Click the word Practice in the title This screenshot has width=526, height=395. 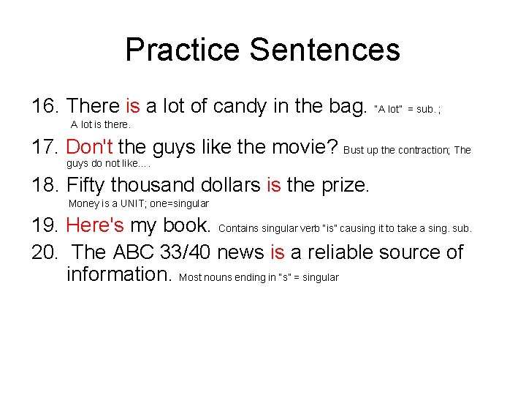tap(183, 50)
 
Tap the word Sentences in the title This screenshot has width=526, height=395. tap(324, 50)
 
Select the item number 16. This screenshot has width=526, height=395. tap(45, 106)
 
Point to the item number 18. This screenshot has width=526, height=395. tap(45, 185)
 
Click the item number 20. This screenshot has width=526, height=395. tap(45, 252)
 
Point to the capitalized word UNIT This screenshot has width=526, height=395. tap(131, 203)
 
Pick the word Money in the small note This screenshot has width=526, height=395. tap(83, 203)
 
